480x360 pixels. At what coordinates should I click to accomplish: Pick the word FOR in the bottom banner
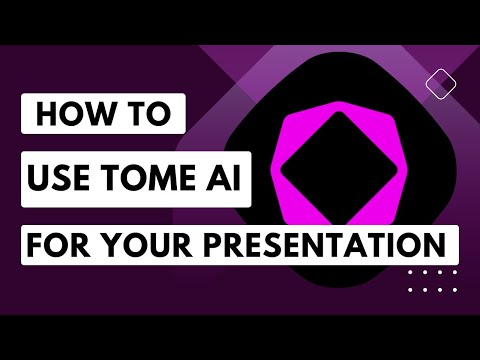(x=61, y=245)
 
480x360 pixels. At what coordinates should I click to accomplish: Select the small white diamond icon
(x=435, y=80)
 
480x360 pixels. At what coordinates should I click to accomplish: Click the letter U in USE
(x=41, y=181)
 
